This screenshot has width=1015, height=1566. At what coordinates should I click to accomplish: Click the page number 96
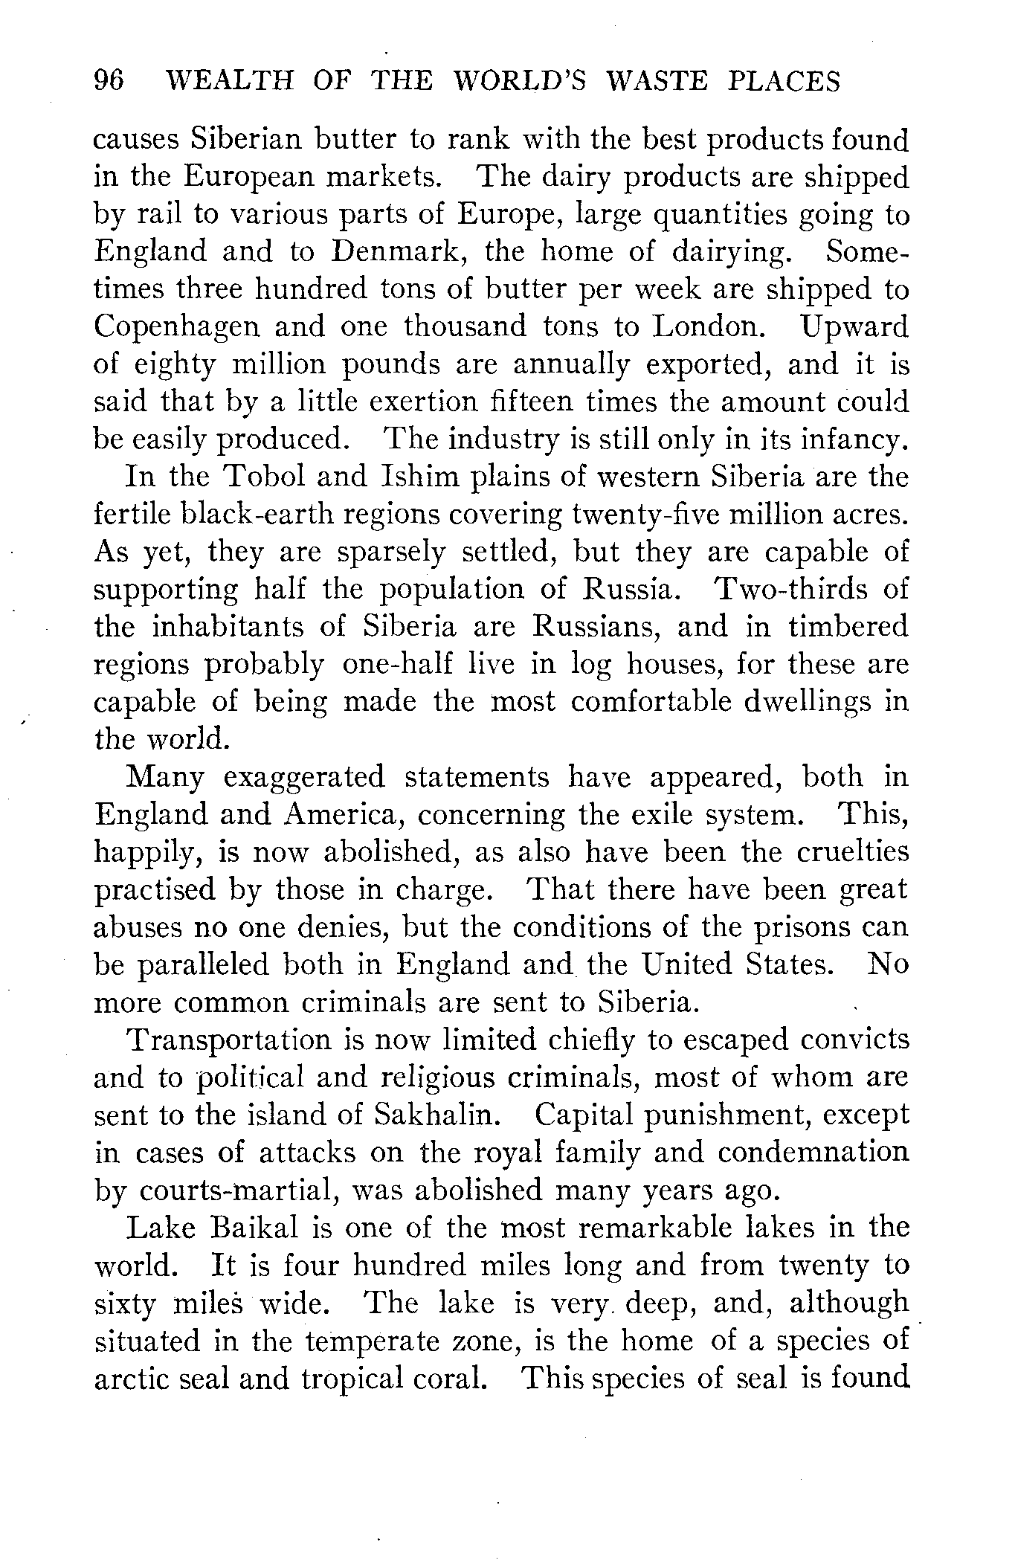pos(109,80)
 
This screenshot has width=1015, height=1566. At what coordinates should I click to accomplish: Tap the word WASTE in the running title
pos(657,80)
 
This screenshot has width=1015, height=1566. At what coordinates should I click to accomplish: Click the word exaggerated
pos(305,777)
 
